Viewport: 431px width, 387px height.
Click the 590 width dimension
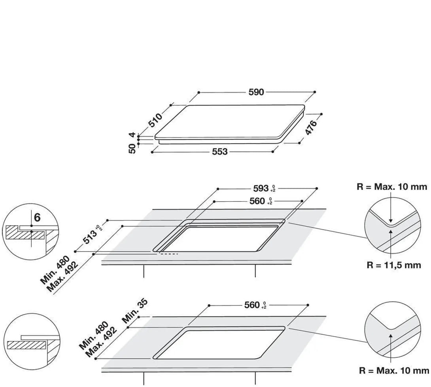click(x=256, y=92)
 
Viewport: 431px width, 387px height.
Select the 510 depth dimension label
click(x=155, y=120)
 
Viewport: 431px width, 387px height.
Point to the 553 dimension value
click(x=220, y=152)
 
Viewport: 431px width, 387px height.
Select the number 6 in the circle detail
click(x=37, y=217)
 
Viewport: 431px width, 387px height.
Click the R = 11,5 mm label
click(x=393, y=265)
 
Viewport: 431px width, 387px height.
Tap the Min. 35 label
click(x=135, y=311)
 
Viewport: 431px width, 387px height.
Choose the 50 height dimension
click(x=132, y=148)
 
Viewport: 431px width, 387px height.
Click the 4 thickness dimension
click(x=132, y=135)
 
